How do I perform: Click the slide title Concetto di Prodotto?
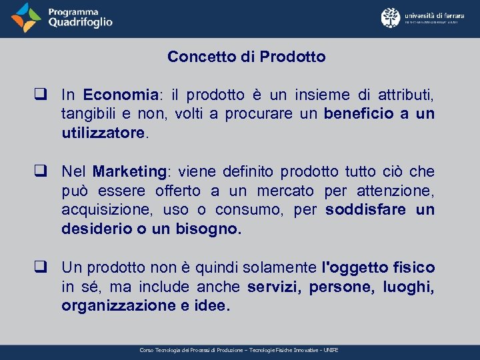[247, 57]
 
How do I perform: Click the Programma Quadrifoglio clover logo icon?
[26, 18]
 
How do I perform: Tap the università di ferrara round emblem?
[391, 18]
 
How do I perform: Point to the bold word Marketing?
[129, 172]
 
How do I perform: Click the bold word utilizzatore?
[103, 133]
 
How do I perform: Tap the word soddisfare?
[364, 210]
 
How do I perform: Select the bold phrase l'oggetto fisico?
[378, 268]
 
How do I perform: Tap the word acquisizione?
[101, 210]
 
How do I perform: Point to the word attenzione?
[398, 191]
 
